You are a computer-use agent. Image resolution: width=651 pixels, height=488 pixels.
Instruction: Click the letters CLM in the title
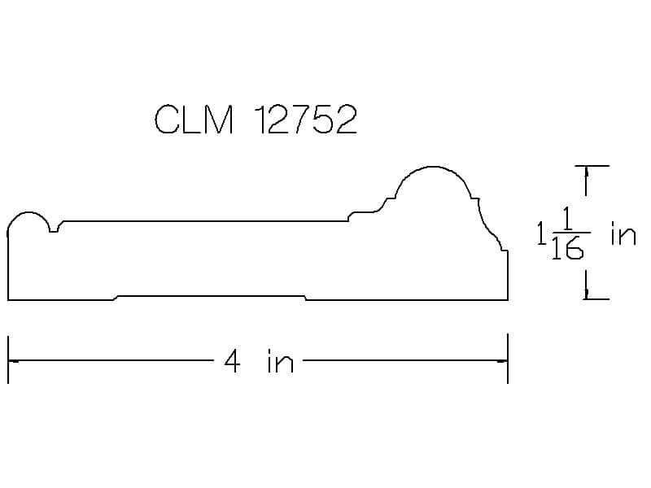(194, 119)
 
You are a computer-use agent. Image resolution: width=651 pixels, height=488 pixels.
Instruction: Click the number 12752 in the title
(305, 119)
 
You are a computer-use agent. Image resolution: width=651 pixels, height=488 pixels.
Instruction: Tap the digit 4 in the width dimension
(232, 361)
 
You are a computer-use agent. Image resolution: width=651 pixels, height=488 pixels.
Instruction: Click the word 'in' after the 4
(281, 361)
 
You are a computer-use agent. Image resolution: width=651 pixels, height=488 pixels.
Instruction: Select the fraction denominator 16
(567, 248)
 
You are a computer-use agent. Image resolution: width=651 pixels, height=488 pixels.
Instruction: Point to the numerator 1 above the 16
(567, 220)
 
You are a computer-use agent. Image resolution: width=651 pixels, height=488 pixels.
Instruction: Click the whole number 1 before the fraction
(541, 233)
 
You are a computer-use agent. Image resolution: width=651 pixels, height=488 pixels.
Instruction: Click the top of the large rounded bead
(433, 167)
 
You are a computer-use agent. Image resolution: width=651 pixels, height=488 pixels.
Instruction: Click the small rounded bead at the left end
(28, 213)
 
